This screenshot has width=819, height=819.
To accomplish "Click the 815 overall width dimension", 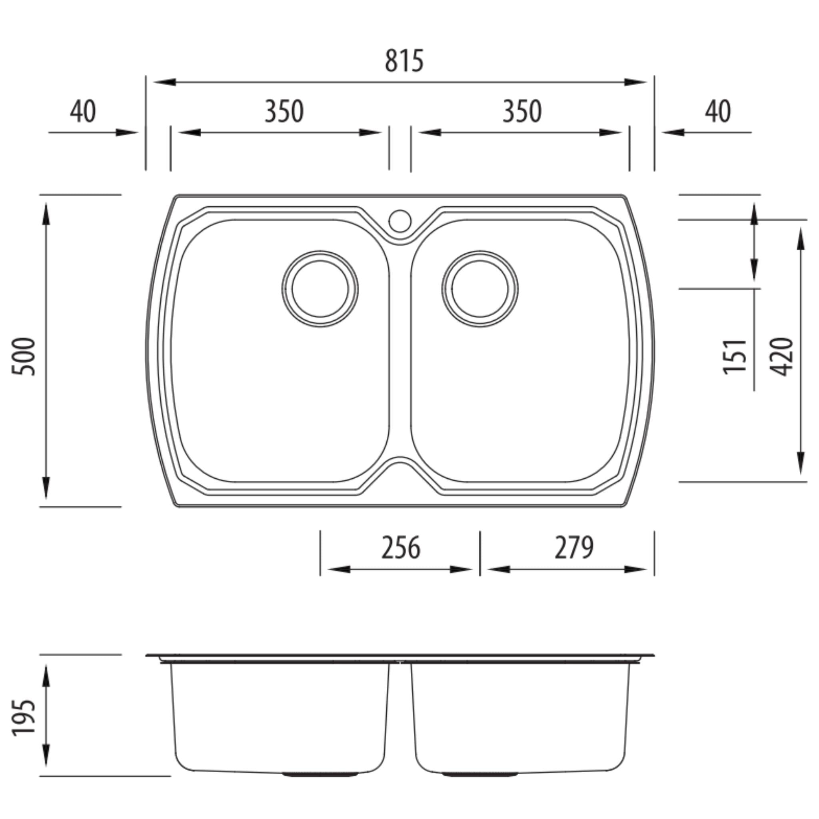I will coord(404,61).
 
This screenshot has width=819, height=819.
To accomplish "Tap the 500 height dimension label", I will coord(23,356).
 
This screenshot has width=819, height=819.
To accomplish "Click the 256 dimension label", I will coord(401,547).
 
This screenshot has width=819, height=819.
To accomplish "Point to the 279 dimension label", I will coord(574,547).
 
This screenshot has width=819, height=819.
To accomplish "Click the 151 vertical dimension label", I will coord(735,356).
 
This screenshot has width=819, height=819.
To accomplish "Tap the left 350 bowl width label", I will coord(284,112).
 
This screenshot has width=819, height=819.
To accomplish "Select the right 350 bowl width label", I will coord(522,112).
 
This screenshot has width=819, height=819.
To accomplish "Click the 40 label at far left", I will coord(83,112).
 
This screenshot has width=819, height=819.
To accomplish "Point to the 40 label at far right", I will coord(718,112).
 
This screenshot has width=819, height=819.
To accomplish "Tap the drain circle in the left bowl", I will coord(320,289).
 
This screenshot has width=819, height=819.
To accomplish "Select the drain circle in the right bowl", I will coord(479,289).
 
